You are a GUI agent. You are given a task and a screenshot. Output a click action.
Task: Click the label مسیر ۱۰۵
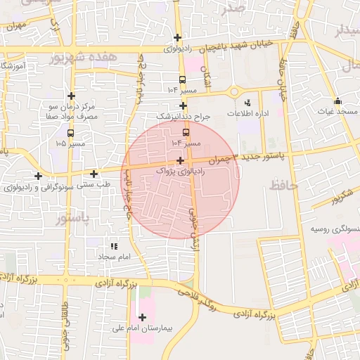click(x=70, y=143)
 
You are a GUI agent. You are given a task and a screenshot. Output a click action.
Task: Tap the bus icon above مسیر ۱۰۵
click(x=70, y=132)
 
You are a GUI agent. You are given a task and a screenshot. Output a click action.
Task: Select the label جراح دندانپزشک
click(x=183, y=116)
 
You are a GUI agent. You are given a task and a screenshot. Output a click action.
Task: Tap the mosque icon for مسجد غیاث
click(x=337, y=101)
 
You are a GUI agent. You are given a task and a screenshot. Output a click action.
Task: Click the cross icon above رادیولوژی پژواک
click(x=181, y=160)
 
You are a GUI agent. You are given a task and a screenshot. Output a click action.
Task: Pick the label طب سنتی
click(x=94, y=184)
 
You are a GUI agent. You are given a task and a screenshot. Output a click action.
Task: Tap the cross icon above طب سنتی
click(x=94, y=173)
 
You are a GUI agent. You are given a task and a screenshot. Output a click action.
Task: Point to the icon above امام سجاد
click(x=114, y=246)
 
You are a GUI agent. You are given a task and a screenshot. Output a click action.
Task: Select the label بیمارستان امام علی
click(x=143, y=328)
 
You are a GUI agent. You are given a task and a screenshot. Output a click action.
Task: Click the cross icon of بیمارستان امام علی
click(x=143, y=317)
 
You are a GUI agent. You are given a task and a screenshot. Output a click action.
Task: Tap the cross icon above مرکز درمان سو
click(x=71, y=96)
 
